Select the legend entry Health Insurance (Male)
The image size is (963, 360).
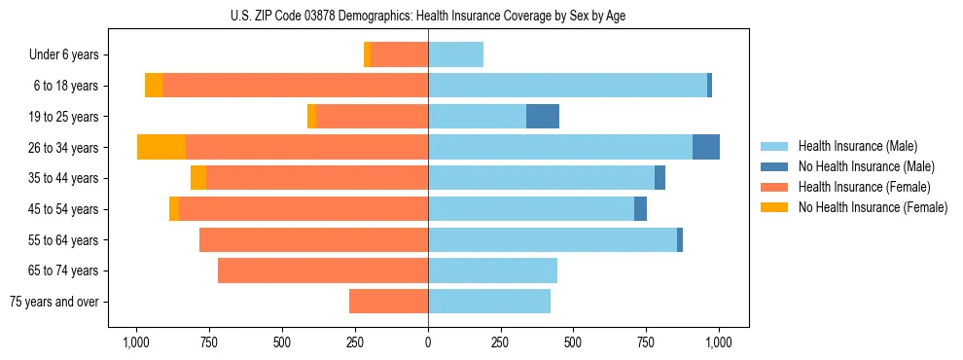click(857, 146)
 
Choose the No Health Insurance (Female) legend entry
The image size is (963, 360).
click(873, 207)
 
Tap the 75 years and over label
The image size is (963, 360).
click(54, 302)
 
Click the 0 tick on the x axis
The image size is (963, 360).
click(428, 342)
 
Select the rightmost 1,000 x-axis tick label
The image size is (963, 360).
click(719, 342)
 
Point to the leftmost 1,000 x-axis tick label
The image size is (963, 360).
click(136, 342)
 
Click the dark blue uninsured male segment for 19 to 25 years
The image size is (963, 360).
click(543, 117)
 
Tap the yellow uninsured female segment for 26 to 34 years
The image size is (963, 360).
click(161, 147)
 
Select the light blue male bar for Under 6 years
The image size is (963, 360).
click(455, 54)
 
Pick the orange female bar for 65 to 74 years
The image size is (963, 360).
click(323, 270)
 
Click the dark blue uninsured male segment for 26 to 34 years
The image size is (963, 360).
click(706, 147)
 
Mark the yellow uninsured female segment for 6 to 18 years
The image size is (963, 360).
click(154, 86)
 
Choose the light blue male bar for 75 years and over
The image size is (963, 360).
click(489, 302)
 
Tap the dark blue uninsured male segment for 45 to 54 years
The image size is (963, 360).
click(640, 209)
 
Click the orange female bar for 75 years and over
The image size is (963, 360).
click(388, 302)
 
